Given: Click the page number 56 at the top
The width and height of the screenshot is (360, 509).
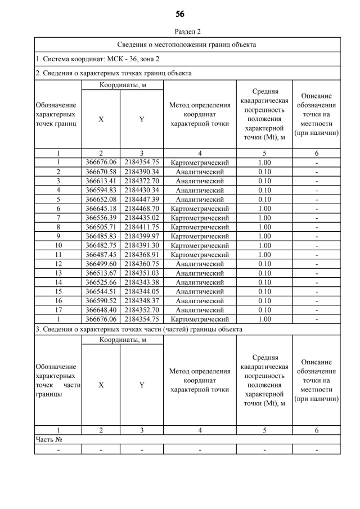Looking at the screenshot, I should tap(180, 13).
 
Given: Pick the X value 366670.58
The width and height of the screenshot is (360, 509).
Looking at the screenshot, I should tap(101, 172).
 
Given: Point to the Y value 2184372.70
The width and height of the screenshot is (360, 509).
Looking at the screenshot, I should tap(142, 181).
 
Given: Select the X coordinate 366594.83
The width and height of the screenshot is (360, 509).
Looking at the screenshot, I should tap(101, 190).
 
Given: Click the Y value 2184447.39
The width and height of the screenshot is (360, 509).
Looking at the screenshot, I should tap(142, 199).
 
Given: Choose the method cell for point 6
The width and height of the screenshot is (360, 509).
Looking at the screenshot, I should tap(200, 208).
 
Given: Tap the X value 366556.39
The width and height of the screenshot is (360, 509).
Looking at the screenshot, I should tap(101, 217).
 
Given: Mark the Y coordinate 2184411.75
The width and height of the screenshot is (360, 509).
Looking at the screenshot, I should tap(142, 226).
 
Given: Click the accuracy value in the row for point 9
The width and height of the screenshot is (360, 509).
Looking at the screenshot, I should tap(264, 236).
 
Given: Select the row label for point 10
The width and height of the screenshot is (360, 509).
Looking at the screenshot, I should tap(58, 245).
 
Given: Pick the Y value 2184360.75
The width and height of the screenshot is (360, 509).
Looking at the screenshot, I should tap(142, 263).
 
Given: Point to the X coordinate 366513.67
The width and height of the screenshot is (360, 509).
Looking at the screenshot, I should tap(101, 272).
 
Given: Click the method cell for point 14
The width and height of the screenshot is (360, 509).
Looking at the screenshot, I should tap(200, 281).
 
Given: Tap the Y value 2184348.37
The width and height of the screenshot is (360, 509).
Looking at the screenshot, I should tap(142, 300).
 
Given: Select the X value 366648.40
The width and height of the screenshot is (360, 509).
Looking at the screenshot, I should tap(101, 309).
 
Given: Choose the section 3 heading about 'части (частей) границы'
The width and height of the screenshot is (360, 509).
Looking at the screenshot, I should tap(139, 328).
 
